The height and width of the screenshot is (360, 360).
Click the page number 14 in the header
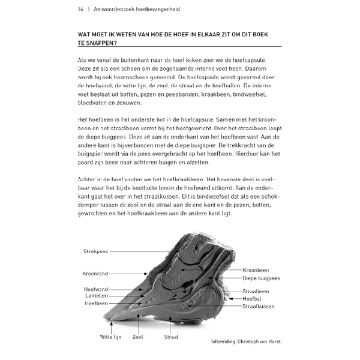(x=80, y=9)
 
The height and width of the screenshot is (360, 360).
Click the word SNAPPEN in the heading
(x=101, y=43)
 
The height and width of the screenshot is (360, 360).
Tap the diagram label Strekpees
(x=95, y=251)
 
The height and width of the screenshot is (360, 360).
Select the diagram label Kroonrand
(x=95, y=274)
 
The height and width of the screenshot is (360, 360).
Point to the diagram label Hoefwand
(x=95, y=289)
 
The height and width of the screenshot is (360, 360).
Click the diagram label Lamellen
(x=95, y=296)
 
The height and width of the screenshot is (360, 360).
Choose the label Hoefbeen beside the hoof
(x=95, y=303)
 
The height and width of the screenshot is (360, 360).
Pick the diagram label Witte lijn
(x=110, y=337)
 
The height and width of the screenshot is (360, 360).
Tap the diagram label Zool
(x=137, y=337)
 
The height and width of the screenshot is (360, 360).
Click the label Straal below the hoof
(x=171, y=337)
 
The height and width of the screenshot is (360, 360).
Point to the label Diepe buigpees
(x=261, y=278)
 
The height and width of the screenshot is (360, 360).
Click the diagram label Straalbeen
(x=256, y=292)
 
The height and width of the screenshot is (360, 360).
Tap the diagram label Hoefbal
(x=252, y=299)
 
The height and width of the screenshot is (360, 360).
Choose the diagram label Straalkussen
(x=259, y=306)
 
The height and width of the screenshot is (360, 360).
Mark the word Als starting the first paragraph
(x=83, y=60)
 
